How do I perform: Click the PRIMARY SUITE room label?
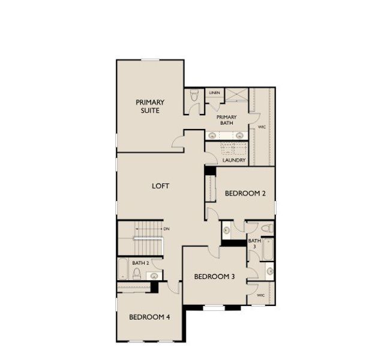click(150, 106)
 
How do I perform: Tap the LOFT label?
click(160, 186)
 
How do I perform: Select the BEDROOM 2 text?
click(245, 193)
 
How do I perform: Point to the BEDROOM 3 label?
click(214, 277)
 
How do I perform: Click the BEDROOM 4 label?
click(149, 317)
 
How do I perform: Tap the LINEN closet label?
click(214, 94)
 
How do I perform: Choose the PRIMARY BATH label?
click(227, 120)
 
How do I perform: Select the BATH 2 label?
click(140, 263)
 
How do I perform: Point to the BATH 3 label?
click(254, 244)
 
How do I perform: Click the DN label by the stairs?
click(166, 229)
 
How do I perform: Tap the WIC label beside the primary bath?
click(262, 127)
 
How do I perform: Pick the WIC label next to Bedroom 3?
click(260, 296)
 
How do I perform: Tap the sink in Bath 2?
click(154, 275)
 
